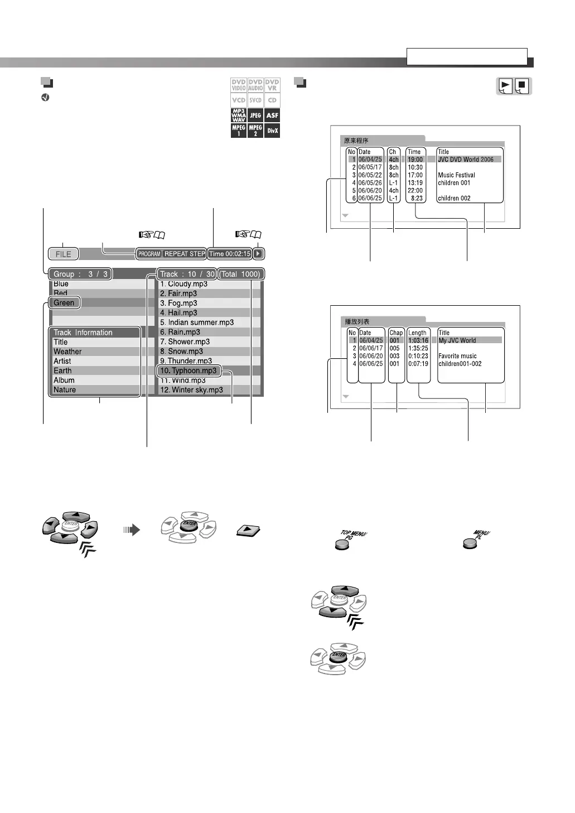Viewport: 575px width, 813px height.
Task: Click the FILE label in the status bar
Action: point(63,254)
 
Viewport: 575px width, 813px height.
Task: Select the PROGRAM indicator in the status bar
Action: point(149,254)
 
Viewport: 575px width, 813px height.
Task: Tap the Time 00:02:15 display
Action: point(230,254)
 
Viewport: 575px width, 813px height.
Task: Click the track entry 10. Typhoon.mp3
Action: point(189,371)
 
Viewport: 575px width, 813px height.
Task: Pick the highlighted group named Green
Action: point(64,302)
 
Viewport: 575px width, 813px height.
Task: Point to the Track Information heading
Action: point(83,333)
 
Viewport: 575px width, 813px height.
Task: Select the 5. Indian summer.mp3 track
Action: point(197,323)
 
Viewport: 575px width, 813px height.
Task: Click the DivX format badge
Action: point(272,131)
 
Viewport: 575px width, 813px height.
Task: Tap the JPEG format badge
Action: point(255,116)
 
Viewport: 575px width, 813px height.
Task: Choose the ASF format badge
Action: point(272,116)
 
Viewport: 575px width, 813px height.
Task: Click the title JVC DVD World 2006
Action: point(466,160)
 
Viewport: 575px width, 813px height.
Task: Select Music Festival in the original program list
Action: point(456,175)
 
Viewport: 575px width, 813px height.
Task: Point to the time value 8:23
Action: point(417,198)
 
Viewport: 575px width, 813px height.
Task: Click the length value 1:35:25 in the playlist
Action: point(418,348)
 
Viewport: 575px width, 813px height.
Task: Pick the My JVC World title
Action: point(457,340)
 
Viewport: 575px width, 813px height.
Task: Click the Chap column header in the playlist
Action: point(396,333)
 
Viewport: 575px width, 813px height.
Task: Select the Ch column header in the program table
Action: point(393,152)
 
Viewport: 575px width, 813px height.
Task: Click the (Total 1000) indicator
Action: point(240,274)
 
